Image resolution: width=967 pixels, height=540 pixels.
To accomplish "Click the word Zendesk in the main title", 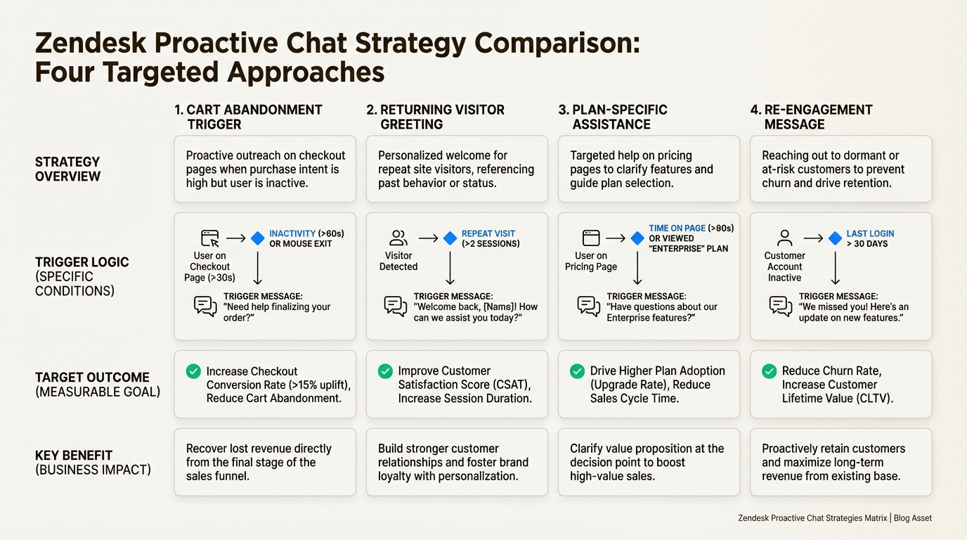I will pyautogui.click(x=90, y=44).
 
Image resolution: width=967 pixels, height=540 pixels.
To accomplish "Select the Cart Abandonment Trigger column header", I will pyautogui.click(x=248, y=117).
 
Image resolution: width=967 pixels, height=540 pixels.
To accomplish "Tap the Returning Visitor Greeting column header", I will pyautogui.click(x=436, y=117).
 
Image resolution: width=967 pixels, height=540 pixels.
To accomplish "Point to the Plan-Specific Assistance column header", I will pyautogui.click(x=613, y=117).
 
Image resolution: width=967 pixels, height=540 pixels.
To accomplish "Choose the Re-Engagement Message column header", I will pyautogui.click(x=812, y=117).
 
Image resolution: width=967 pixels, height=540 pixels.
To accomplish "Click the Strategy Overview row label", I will pyautogui.click(x=67, y=169).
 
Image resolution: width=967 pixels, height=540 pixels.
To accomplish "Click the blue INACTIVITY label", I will pyautogui.click(x=292, y=233).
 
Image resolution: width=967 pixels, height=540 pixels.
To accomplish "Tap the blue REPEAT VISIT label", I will pyautogui.click(x=488, y=233).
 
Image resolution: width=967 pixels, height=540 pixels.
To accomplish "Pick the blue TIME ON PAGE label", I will pyautogui.click(x=677, y=229).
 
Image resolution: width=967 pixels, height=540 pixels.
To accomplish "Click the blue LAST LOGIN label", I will pyautogui.click(x=870, y=233).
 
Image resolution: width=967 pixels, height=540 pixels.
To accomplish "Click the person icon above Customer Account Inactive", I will pyautogui.click(x=785, y=238).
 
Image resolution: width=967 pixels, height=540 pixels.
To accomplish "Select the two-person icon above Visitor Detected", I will pyautogui.click(x=398, y=238).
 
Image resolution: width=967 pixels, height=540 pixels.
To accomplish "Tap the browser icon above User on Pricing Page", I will pyautogui.click(x=591, y=238).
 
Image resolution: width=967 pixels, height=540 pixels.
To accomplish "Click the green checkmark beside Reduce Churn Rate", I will pyautogui.click(x=769, y=371).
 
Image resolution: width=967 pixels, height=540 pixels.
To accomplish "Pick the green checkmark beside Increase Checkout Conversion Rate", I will pyautogui.click(x=193, y=371).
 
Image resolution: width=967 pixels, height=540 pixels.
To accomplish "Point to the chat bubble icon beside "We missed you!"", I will pyautogui.click(x=781, y=306).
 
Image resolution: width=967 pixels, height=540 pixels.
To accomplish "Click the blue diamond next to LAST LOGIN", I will pyautogui.click(x=835, y=238).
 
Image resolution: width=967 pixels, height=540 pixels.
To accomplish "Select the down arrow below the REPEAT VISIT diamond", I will pyautogui.click(x=450, y=268).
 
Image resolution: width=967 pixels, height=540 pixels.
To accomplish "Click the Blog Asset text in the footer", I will pyautogui.click(x=913, y=518).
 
